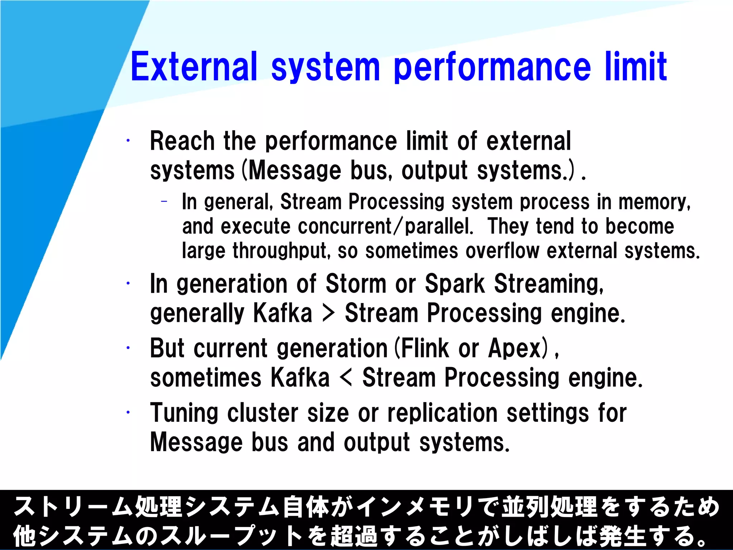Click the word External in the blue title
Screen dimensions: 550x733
pyautogui.click(x=194, y=67)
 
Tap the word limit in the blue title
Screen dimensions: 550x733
pyautogui.click(x=636, y=67)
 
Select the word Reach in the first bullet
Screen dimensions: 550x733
pyautogui.click(x=182, y=141)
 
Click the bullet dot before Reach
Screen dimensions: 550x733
pyautogui.click(x=128, y=140)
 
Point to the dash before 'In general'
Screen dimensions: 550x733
pyautogui.click(x=164, y=202)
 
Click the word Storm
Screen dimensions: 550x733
pyautogui.click(x=356, y=284)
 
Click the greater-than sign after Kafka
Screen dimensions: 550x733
pyautogui.click(x=328, y=313)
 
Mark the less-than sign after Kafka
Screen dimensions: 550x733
pyautogui.click(x=346, y=377)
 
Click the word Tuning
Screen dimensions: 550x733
pyautogui.click(x=184, y=413)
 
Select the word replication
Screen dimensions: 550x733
pyautogui.click(x=442, y=413)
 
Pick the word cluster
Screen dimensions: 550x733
pyautogui.click(x=263, y=413)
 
